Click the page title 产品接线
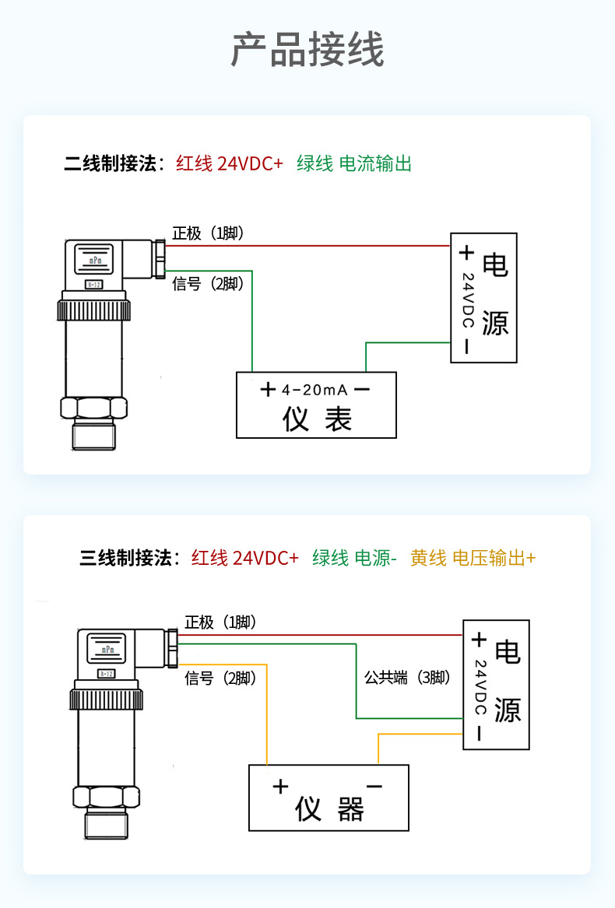click(x=307, y=50)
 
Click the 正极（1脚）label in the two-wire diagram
click(x=208, y=233)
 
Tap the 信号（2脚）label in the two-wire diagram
click(x=208, y=284)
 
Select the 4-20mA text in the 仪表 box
click(x=315, y=390)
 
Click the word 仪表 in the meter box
click(x=317, y=418)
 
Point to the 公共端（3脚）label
click(x=407, y=678)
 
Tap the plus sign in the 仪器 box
click(x=280, y=787)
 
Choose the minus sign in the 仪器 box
click(x=374, y=786)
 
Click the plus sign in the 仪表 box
click(x=268, y=389)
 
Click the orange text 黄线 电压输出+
click(x=473, y=558)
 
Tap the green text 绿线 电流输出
click(x=354, y=164)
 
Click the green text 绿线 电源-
click(x=354, y=558)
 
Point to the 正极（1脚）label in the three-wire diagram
click(x=220, y=622)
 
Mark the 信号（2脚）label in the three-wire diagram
click(x=220, y=678)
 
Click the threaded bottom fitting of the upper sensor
click(x=94, y=435)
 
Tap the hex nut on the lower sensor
click(x=106, y=798)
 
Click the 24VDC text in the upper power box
click(x=468, y=300)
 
